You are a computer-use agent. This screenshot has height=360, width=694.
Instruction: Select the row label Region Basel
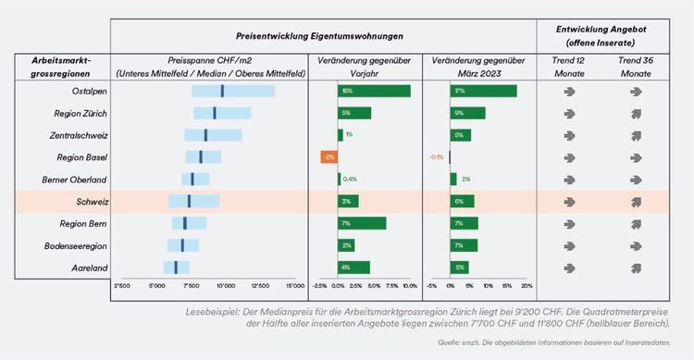click(x=82, y=157)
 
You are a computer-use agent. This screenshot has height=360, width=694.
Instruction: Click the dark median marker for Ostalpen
click(x=222, y=91)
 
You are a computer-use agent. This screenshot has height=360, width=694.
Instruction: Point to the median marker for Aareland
click(x=176, y=267)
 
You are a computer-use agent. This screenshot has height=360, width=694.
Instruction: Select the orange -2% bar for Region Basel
click(x=328, y=157)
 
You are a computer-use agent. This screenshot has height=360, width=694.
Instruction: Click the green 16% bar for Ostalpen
click(x=374, y=91)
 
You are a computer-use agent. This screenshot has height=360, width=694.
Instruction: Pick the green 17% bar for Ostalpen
click(x=483, y=91)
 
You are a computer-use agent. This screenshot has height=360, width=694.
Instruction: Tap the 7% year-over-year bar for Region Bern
click(x=362, y=223)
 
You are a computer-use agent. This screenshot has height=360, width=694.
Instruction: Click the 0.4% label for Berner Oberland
click(x=350, y=180)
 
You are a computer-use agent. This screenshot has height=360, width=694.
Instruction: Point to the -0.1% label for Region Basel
click(x=436, y=157)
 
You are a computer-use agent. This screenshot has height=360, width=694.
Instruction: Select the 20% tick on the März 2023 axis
click(x=528, y=286)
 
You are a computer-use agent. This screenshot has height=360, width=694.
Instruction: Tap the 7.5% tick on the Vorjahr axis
click(x=391, y=286)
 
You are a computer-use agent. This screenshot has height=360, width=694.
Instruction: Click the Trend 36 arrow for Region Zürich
click(x=635, y=113)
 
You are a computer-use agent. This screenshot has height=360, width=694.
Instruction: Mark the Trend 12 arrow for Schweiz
click(x=568, y=201)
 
